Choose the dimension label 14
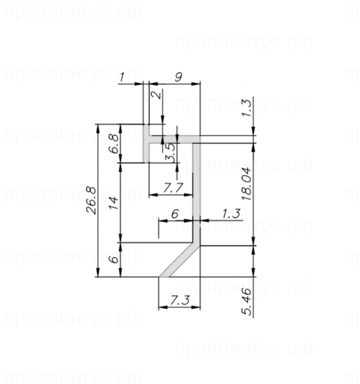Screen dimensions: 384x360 114,203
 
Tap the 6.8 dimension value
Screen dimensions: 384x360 114,144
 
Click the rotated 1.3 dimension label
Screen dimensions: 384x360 246,108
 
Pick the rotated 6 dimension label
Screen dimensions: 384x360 114,260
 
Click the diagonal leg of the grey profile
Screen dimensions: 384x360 181,260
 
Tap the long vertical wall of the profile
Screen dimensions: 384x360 197,192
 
